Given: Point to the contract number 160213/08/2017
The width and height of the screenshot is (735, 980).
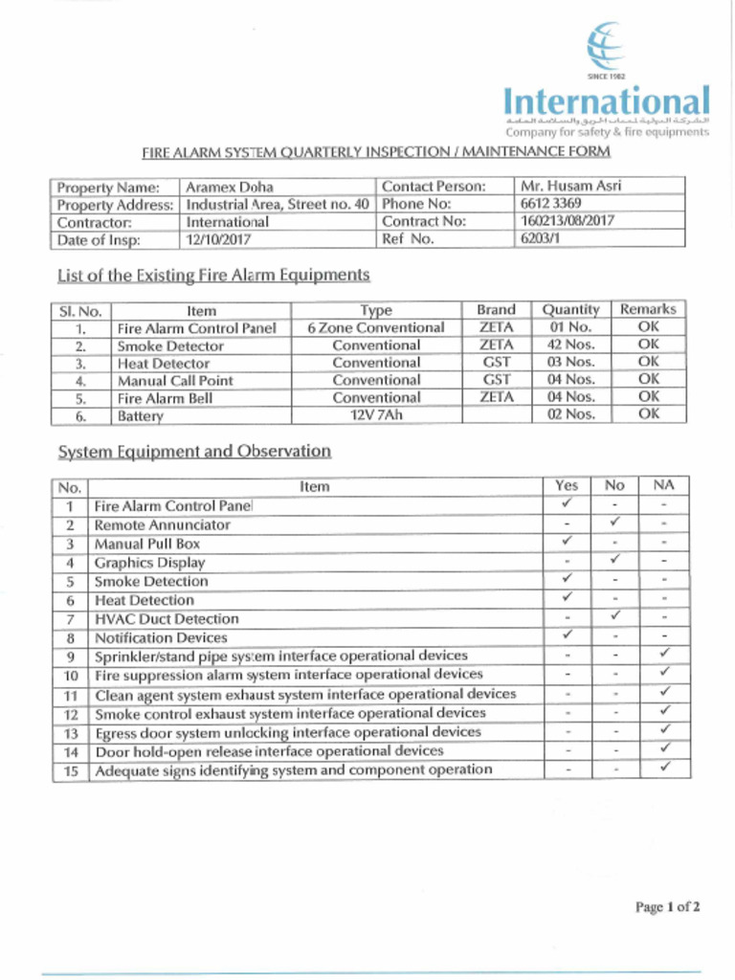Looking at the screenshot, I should pyautogui.click(x=567, y=221).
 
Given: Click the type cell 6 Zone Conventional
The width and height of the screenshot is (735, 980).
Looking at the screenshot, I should pyautogui.click(x=376, y=327).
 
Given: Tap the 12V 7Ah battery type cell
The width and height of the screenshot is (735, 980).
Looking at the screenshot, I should pyautogui.click(x=376, y=415).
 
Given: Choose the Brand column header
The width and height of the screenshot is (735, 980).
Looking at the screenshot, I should pyautogui.click(x=496, y=310).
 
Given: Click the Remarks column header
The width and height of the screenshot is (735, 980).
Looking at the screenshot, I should pyautogui.click(x=648, y=309).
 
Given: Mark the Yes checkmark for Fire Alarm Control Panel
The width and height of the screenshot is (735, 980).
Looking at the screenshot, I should pyautogui.click(x=567, y=503).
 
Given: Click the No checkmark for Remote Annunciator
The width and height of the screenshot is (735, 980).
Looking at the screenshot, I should pyautogui.click(x=615, y=523).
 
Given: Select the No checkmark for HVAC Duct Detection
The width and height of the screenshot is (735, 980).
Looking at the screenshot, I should pyautogui.click(x=615, y=616).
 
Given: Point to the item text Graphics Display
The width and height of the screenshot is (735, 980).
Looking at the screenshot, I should pyautogui.click(x=149, y=563).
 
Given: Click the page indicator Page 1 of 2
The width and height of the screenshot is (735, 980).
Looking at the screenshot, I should pyautogui.click(x=668, y=907).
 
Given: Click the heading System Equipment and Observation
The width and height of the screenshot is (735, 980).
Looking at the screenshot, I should pyautogui.click(x=194, y=452).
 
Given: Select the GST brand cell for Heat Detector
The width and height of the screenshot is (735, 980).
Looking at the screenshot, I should pyautogui.click(x=496, y=363).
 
